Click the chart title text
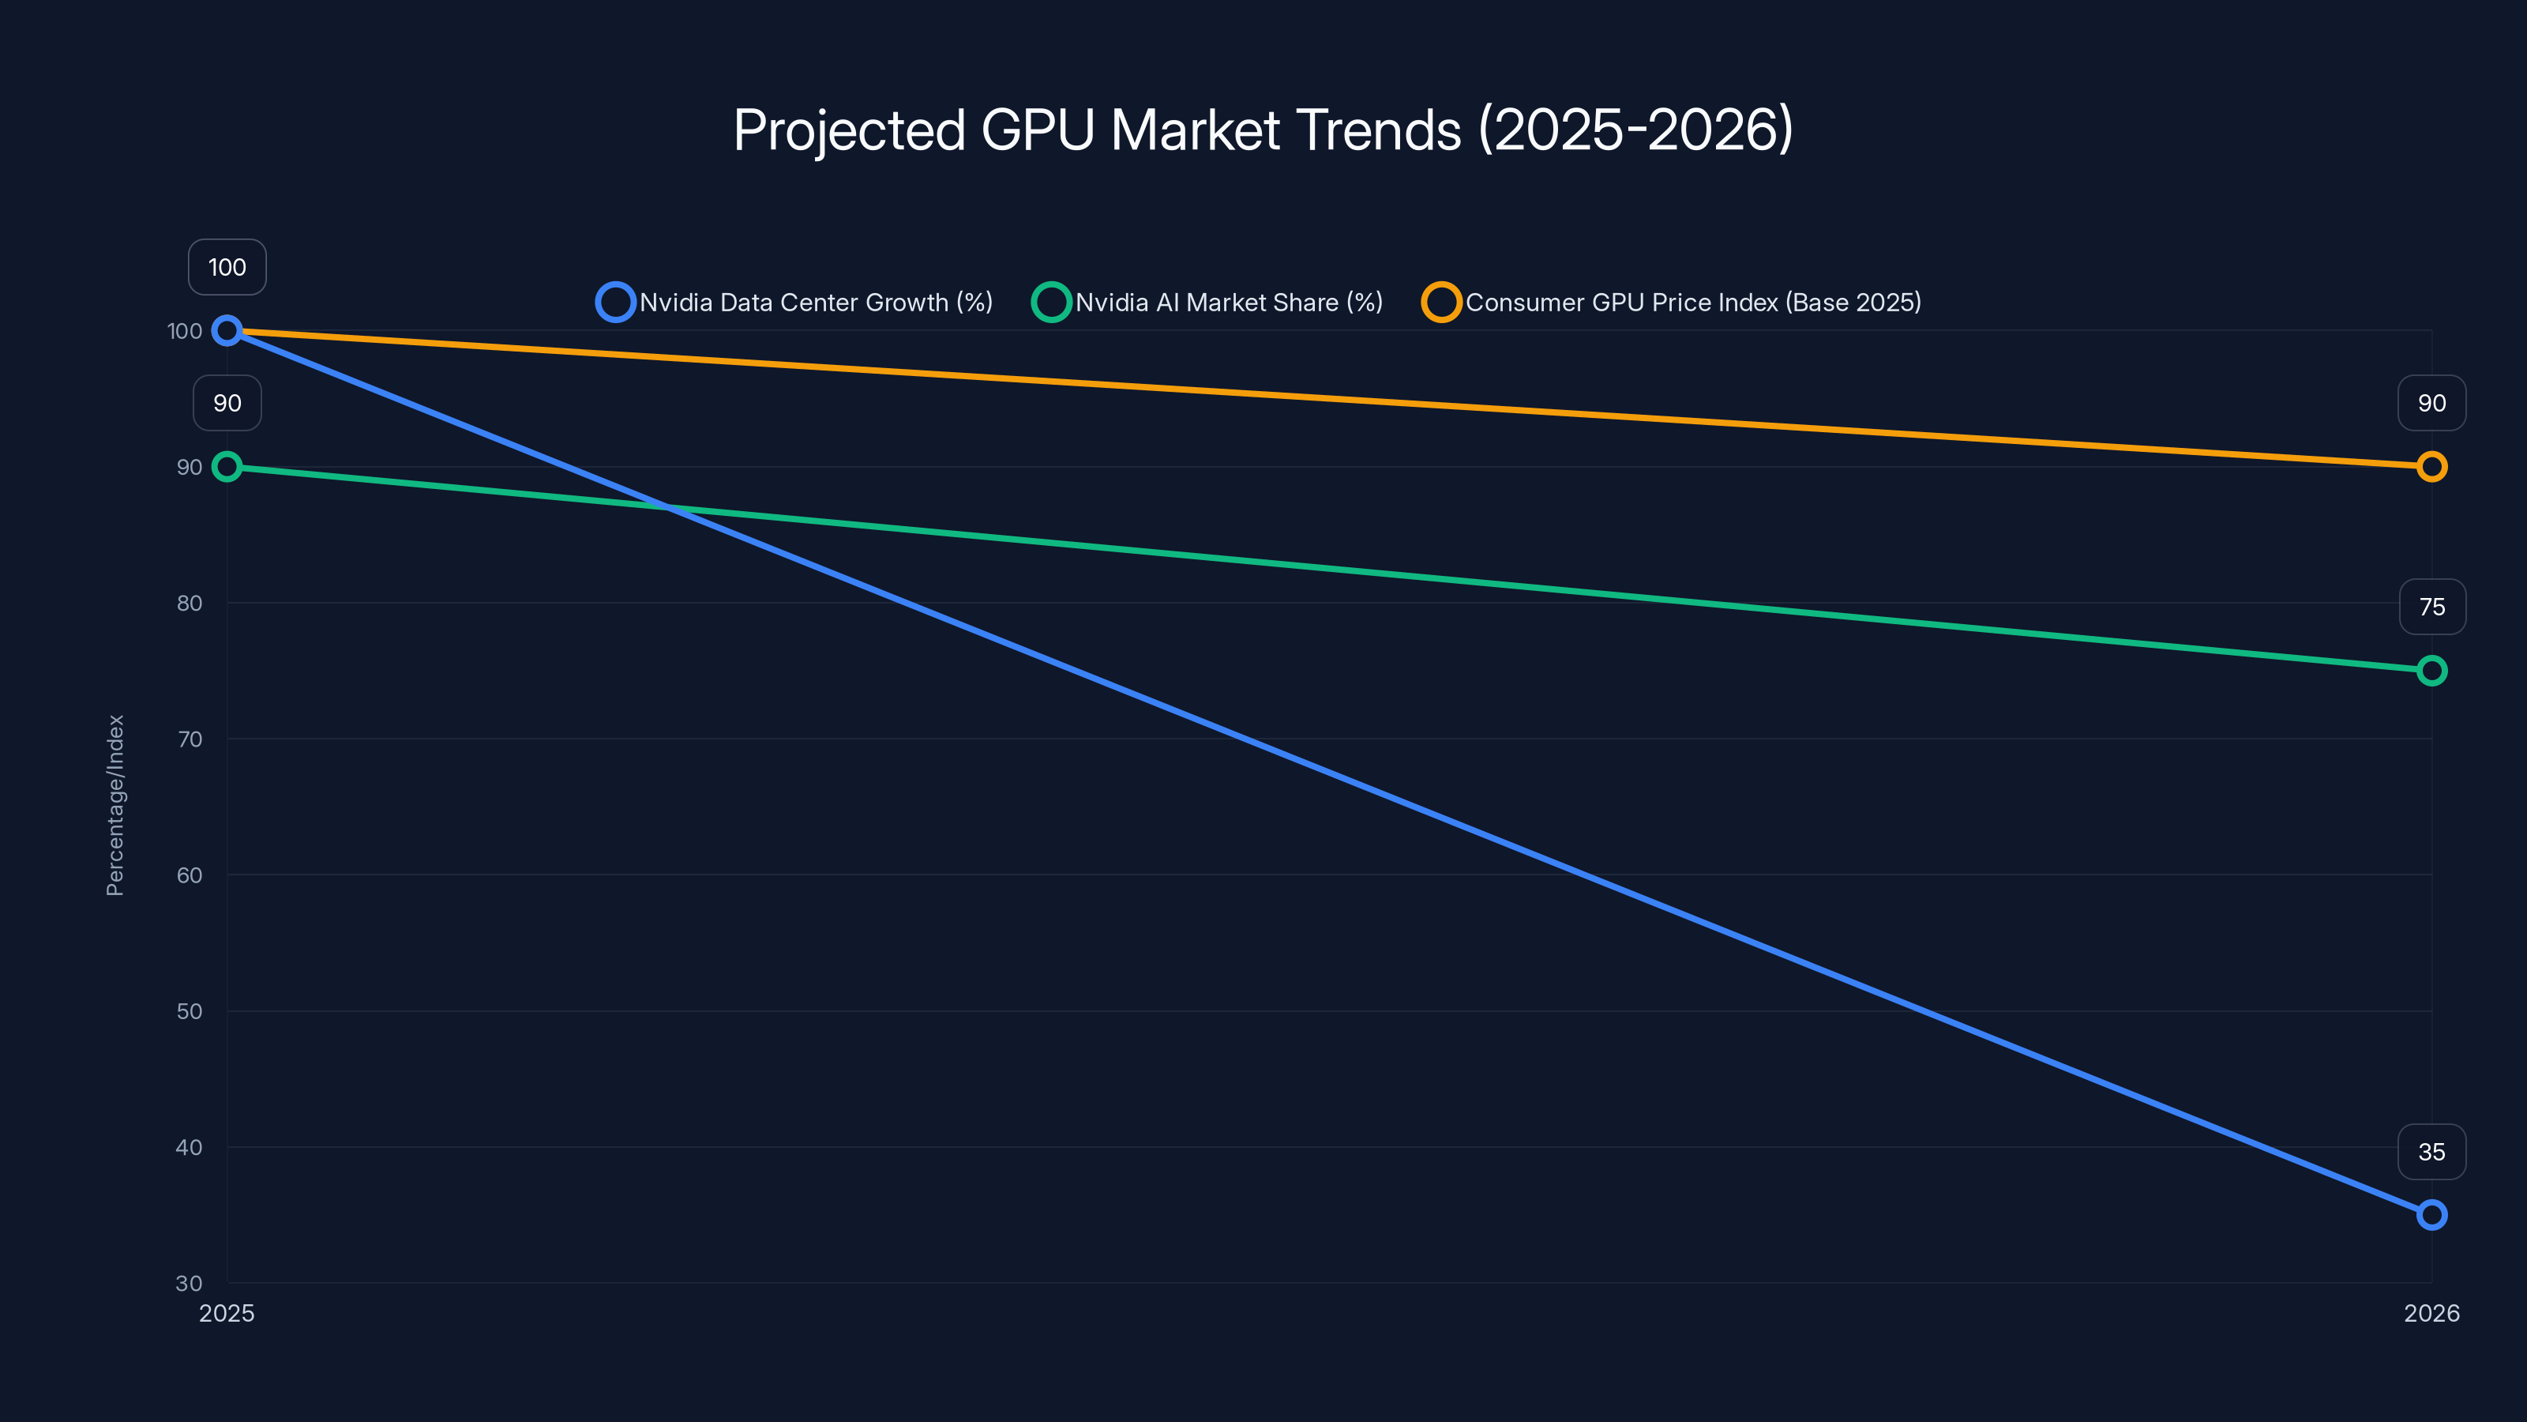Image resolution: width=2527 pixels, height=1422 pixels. point(1263,130)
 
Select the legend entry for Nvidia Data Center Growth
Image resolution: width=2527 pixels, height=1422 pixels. point(794,303)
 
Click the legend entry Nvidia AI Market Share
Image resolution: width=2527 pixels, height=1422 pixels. point(1207,303)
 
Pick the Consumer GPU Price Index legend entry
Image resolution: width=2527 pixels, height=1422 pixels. point(1672,303)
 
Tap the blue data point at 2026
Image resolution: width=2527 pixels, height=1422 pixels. point(2431,1215)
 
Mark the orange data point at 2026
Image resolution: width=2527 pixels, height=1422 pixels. point(2431,467)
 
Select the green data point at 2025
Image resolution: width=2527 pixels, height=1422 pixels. point(227,467)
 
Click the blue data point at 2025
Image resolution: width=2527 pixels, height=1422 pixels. point(227,331)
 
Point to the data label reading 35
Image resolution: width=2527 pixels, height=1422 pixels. point(2431,1151)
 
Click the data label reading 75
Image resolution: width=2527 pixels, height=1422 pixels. point(2431,607)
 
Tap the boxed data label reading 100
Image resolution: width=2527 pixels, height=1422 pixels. point(227,267)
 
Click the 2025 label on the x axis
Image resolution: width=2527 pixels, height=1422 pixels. point(227,1313)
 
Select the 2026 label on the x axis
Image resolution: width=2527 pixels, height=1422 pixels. point(2431,1313)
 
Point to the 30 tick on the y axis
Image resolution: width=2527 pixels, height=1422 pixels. point(190,1283)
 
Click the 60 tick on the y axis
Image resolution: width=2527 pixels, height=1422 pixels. point(190,875)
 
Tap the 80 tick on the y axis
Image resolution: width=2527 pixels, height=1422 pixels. point(190,603)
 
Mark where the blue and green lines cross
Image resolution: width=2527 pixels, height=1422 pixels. point(668,507)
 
